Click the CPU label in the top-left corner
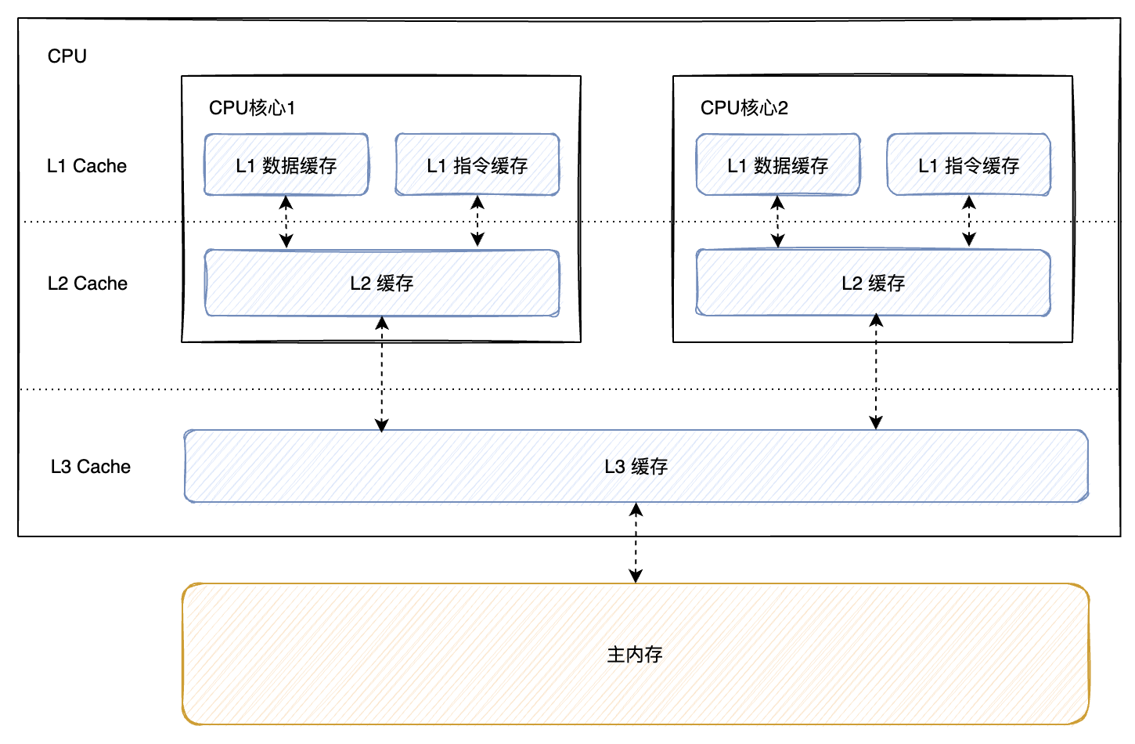pos(67,56)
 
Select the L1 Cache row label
pos(87,166)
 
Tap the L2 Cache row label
pos(88,284)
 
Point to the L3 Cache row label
pos(91,467)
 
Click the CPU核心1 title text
pos(252,108)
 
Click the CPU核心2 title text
pos(744,108)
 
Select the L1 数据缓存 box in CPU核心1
pos(286,165)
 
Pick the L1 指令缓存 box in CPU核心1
pos(477,165)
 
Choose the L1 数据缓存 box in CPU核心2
pos(778,165)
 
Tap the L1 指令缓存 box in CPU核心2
pos(969,165)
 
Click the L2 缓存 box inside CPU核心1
pos(382,284)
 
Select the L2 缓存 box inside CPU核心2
pos(874,284)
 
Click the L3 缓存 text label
pos(636,467)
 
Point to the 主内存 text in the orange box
pos(635,654)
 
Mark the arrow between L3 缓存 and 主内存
pos(636,543)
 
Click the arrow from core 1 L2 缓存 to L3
pos(382,374)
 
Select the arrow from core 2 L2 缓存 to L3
pos(876,371)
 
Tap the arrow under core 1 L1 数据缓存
pos(286,222)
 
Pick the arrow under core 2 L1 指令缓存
pos(969,222)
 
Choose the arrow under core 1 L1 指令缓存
pos(477,222)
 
